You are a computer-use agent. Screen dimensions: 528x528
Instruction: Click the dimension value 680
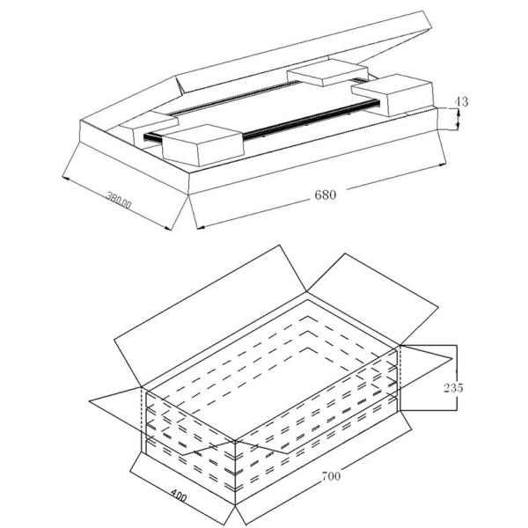coord(325,195)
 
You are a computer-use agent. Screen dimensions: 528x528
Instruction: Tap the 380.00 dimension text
coord(119,200)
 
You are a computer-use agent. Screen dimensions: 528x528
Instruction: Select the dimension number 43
coord(461,101)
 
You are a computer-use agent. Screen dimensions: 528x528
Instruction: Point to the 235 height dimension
coord(453,388)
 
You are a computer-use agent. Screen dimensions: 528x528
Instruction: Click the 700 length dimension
coord(332,476)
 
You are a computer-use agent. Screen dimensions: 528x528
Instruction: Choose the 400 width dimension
coord(179,495)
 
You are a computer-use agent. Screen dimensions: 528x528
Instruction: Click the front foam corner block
coord(202,145)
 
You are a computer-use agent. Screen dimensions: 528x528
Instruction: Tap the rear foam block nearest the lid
coord(327,72)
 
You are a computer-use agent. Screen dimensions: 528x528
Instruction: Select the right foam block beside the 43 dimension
coord(393,95)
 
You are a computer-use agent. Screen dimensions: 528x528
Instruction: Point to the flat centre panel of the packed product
coord(269,107)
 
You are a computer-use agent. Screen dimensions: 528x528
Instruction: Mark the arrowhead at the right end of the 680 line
coord(443,165)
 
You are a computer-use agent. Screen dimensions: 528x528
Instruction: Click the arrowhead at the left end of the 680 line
coord(201,228)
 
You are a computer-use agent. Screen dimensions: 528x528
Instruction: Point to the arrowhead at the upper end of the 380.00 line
coord(66,178)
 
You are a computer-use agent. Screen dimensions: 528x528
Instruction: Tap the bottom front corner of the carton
coord(235,504)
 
